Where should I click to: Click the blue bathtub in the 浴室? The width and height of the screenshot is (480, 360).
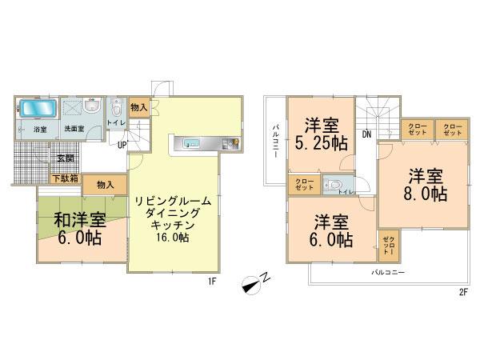tap(34, 108)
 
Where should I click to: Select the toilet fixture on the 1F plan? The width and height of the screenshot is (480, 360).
tap(117, 107)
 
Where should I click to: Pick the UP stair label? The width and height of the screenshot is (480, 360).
tap(122, 145)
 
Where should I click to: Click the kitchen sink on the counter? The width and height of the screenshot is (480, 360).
tap(191, 144)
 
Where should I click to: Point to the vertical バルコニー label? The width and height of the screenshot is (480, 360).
tap(275, 141)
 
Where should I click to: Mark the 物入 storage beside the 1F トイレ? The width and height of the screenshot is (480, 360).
tap(138, 107)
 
